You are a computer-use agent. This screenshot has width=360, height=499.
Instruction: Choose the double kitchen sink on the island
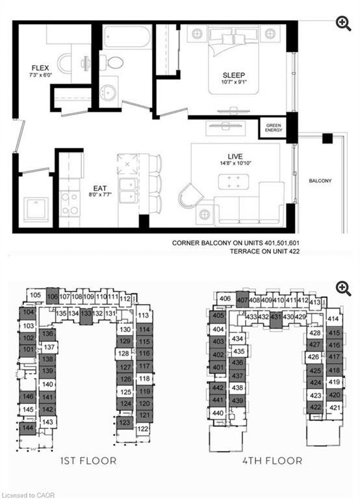pos(127,190)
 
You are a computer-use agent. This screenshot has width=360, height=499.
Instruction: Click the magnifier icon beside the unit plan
pos(343,23)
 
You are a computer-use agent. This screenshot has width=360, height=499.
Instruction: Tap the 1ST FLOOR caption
pos(88,461)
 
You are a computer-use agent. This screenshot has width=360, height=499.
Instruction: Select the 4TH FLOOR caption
pos(273,461)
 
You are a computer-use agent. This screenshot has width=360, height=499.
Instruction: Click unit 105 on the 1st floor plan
pos(36,296)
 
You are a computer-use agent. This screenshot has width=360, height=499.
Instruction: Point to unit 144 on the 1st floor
pos(28,428)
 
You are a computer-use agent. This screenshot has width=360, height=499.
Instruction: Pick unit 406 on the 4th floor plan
pos(224,299)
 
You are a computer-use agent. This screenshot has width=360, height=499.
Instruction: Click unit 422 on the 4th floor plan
pos(316,407)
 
